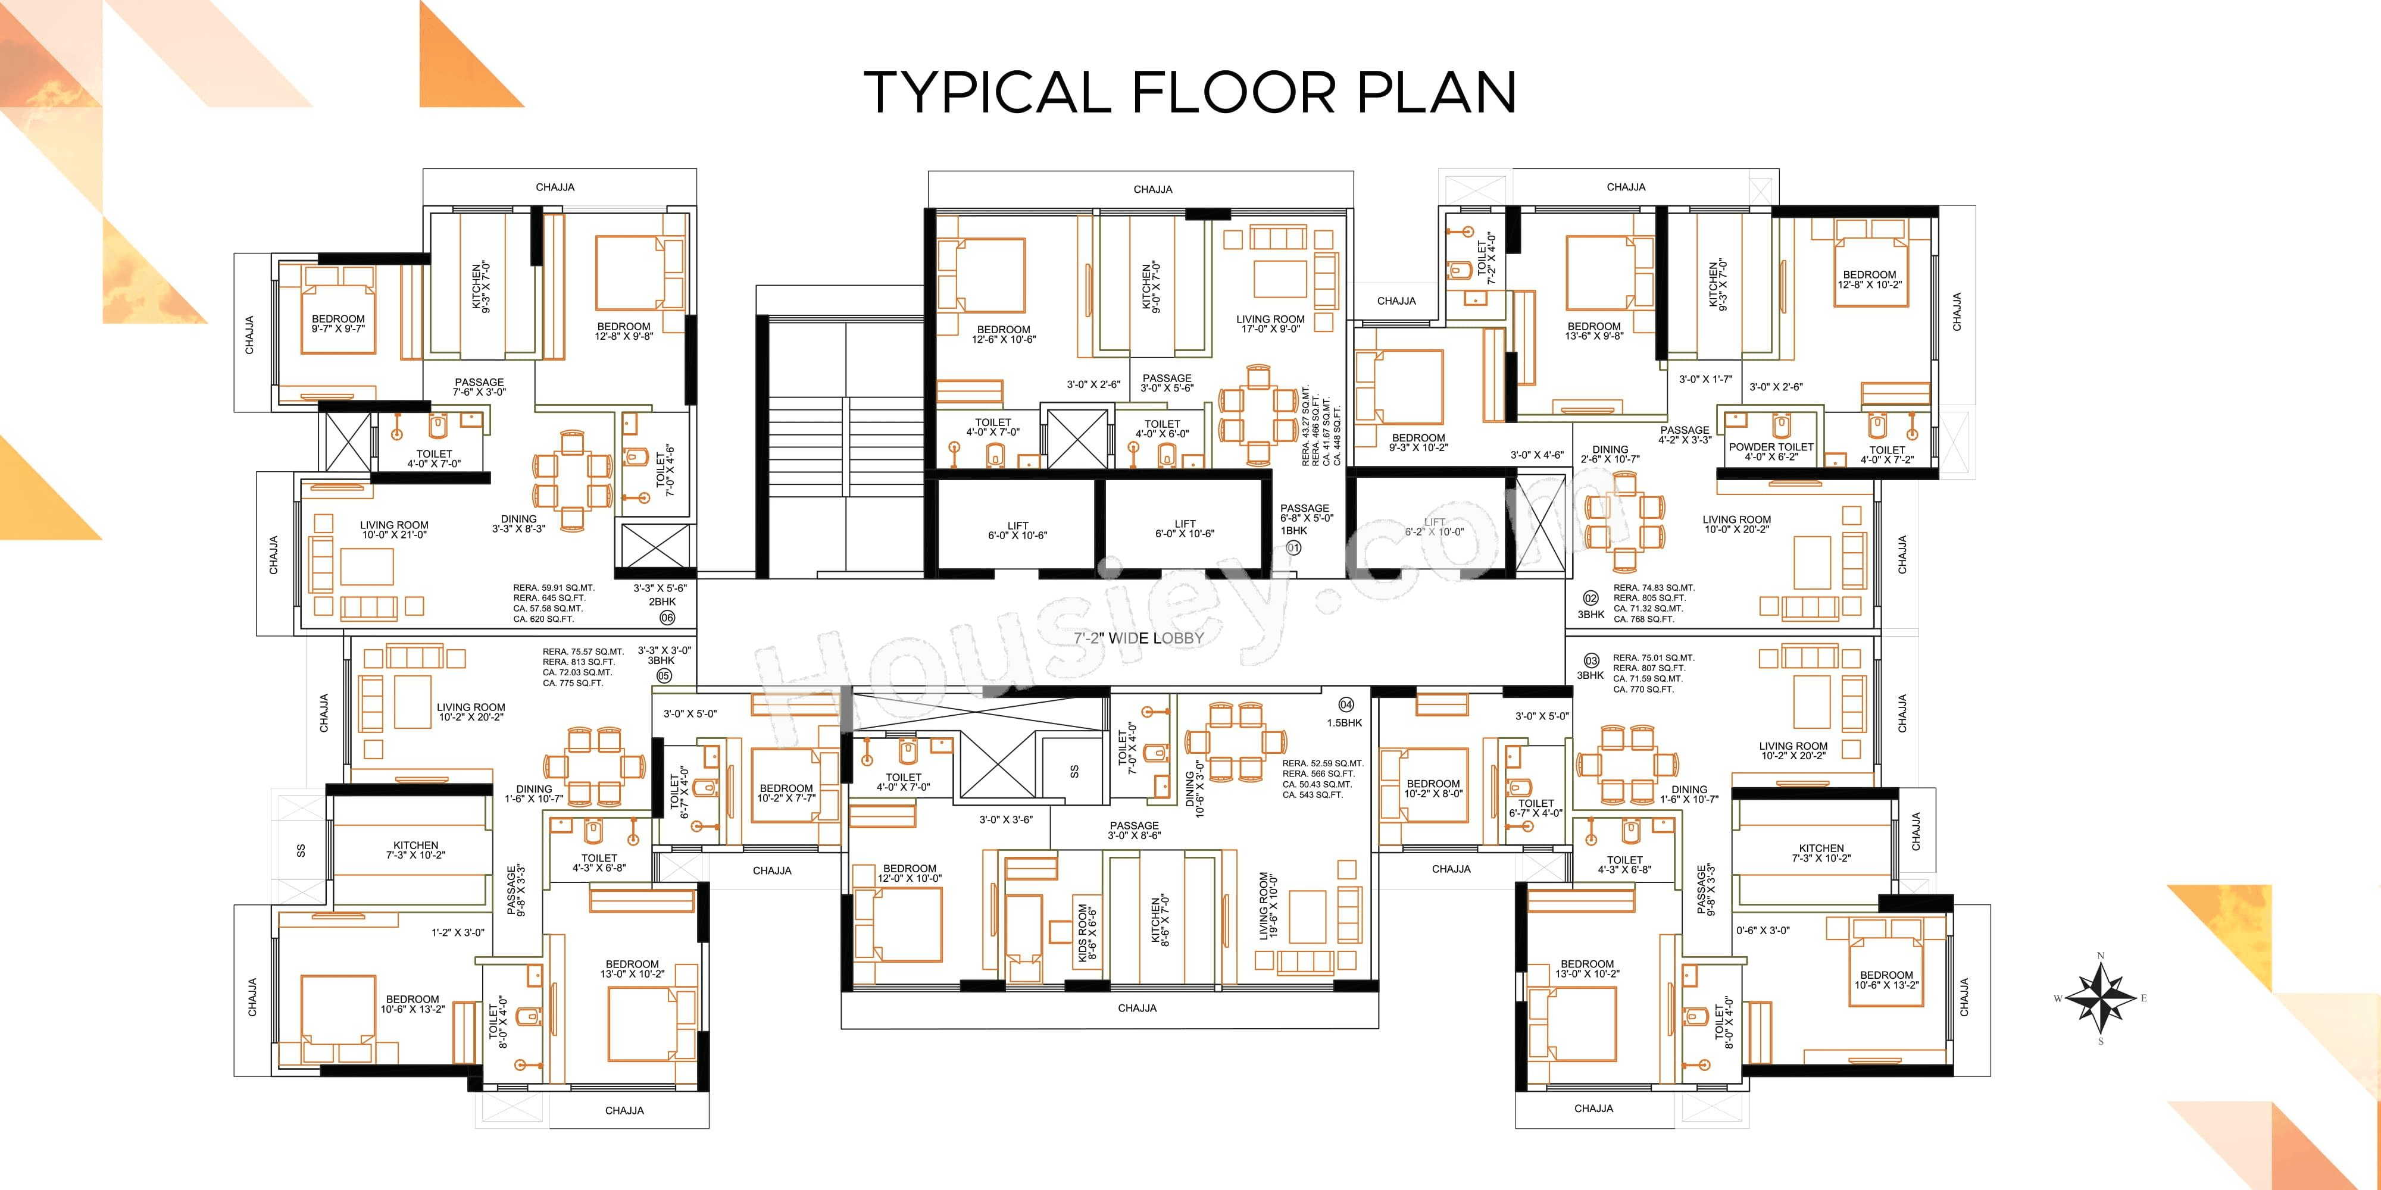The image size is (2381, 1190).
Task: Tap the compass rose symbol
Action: pyautogui.click(x=2100, y=998)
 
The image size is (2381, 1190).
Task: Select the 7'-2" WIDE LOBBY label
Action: pyautogui.click(x=1139, y=637)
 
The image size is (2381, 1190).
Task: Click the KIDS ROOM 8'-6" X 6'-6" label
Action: pyautogui.click(x=1088, y=932)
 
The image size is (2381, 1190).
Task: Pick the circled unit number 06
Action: pyautogui.click(x=667, y=617)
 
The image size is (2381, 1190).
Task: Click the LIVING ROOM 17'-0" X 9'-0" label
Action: pyautogui.click(x=1270, y=323)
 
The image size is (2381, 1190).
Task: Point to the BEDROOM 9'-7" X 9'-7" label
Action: pyautogui.click(x=338, y=323)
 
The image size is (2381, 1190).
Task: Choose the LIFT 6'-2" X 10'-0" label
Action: pyautogui.click(x=1435, y=527)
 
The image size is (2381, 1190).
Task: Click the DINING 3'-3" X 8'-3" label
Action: pyautogui.click(x=518, y=524)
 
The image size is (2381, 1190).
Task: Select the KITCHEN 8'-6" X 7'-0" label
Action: pyautogui.click(x=1161, y=920)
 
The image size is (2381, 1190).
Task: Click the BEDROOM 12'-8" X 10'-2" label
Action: pyautogui.click(x=1870, y=279)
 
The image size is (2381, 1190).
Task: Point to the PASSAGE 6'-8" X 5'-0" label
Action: pyautogui.click(x=1305, y=513)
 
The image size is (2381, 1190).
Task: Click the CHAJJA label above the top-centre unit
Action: pyautogui.click(x=1154, y=189)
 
